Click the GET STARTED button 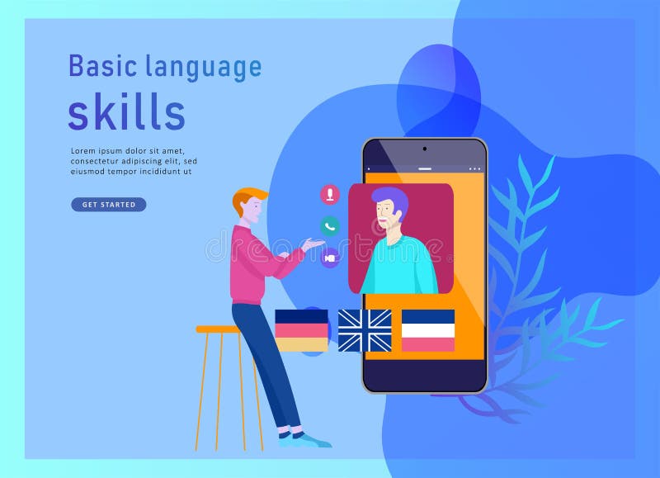point(108,205)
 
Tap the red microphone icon point(330,195)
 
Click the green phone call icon point(330,226)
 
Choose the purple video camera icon point(330,258)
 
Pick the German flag point(301,330)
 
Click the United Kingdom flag point(365,330)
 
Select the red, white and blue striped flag point(428,330)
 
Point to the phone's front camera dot point(425,149)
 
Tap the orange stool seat point(216,329)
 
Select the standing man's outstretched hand point(312,244)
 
